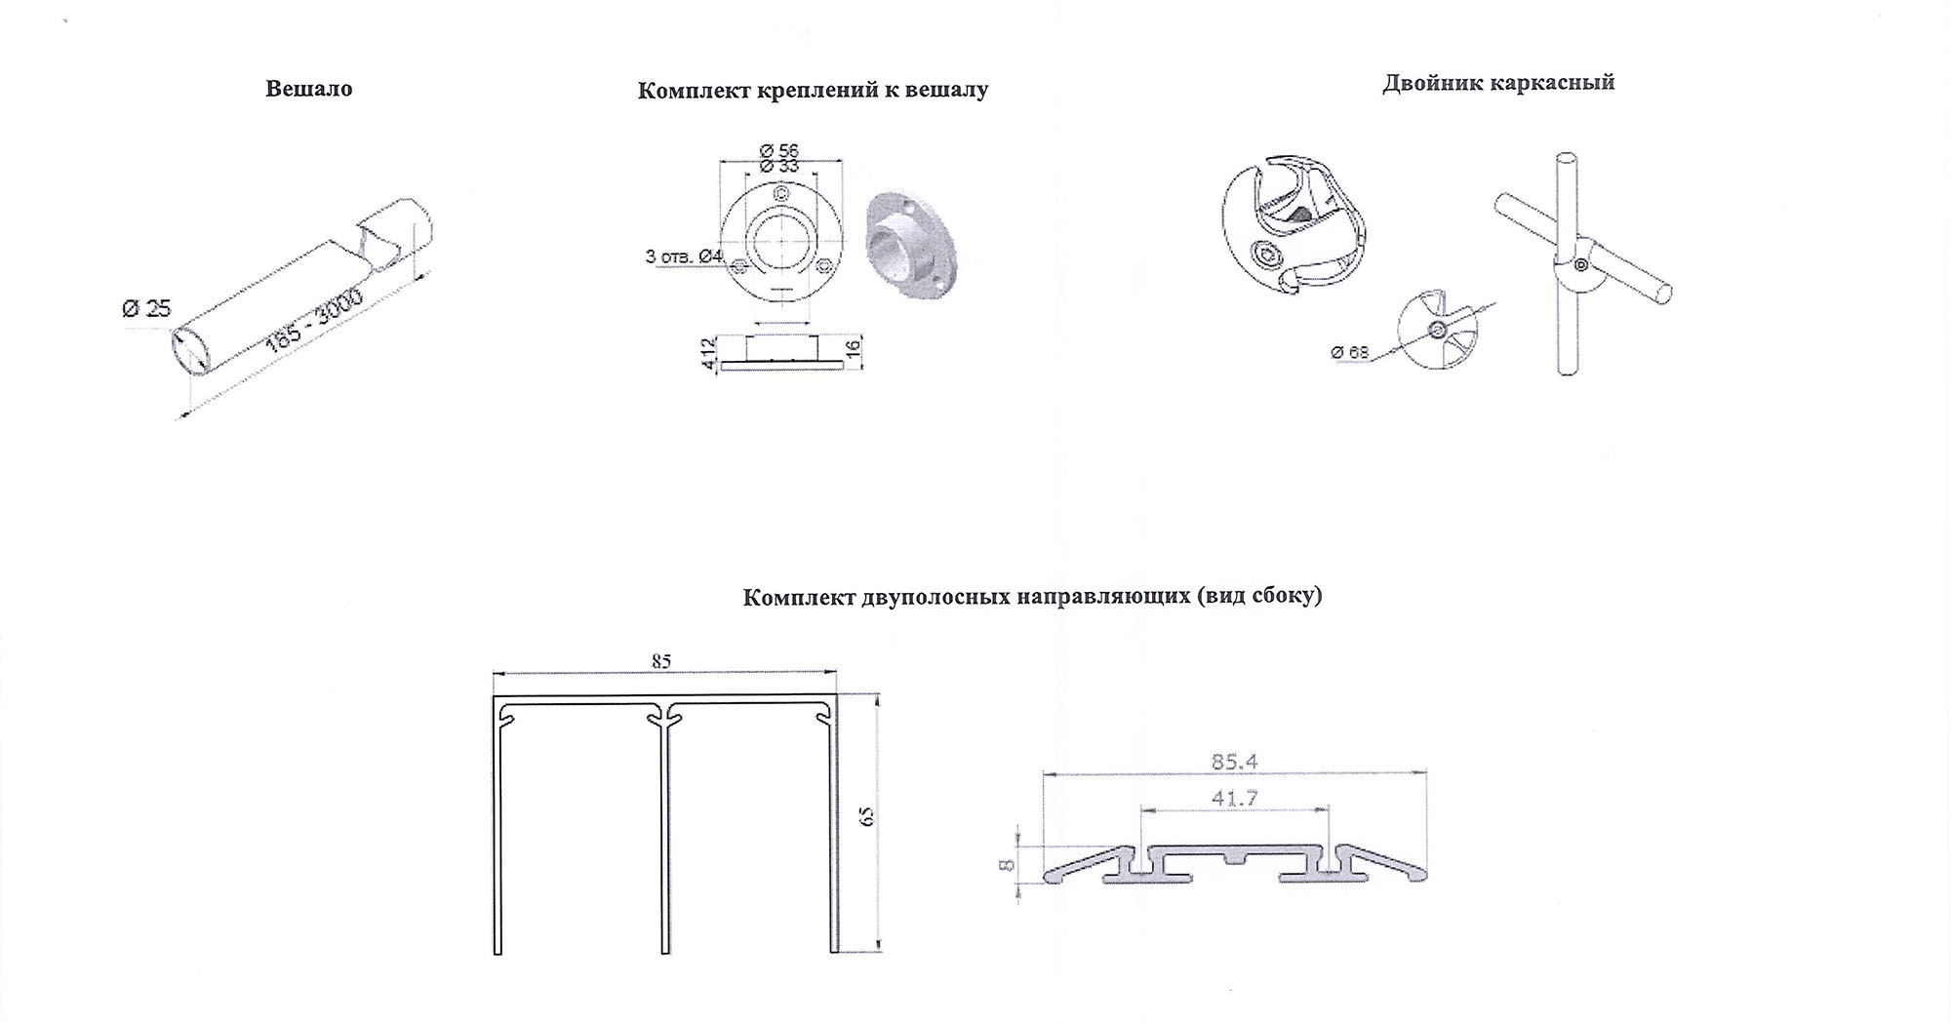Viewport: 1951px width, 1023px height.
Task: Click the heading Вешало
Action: pyautogui.click(x=309, y=89)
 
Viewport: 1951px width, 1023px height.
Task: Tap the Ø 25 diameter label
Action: pyautogui.click(x=146, y=309)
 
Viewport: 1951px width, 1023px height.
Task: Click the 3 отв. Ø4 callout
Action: pyautogui.click(x=684, y=256)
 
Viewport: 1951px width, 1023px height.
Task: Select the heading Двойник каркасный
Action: pyautogui.click(x=1498, y=83)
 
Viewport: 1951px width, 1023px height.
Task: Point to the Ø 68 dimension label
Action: pyautogui.click(x=1350, y=352)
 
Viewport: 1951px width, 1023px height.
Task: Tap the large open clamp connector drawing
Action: pyautogui.click(x=1298, y=223)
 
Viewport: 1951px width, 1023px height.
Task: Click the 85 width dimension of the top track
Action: pyautogui.click(x=661, y=661)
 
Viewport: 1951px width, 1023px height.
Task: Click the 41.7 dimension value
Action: pyautogui.click(x=1234, y=798)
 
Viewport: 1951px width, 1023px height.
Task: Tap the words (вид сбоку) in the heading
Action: pyautogui.click(x=1258, y=596)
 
